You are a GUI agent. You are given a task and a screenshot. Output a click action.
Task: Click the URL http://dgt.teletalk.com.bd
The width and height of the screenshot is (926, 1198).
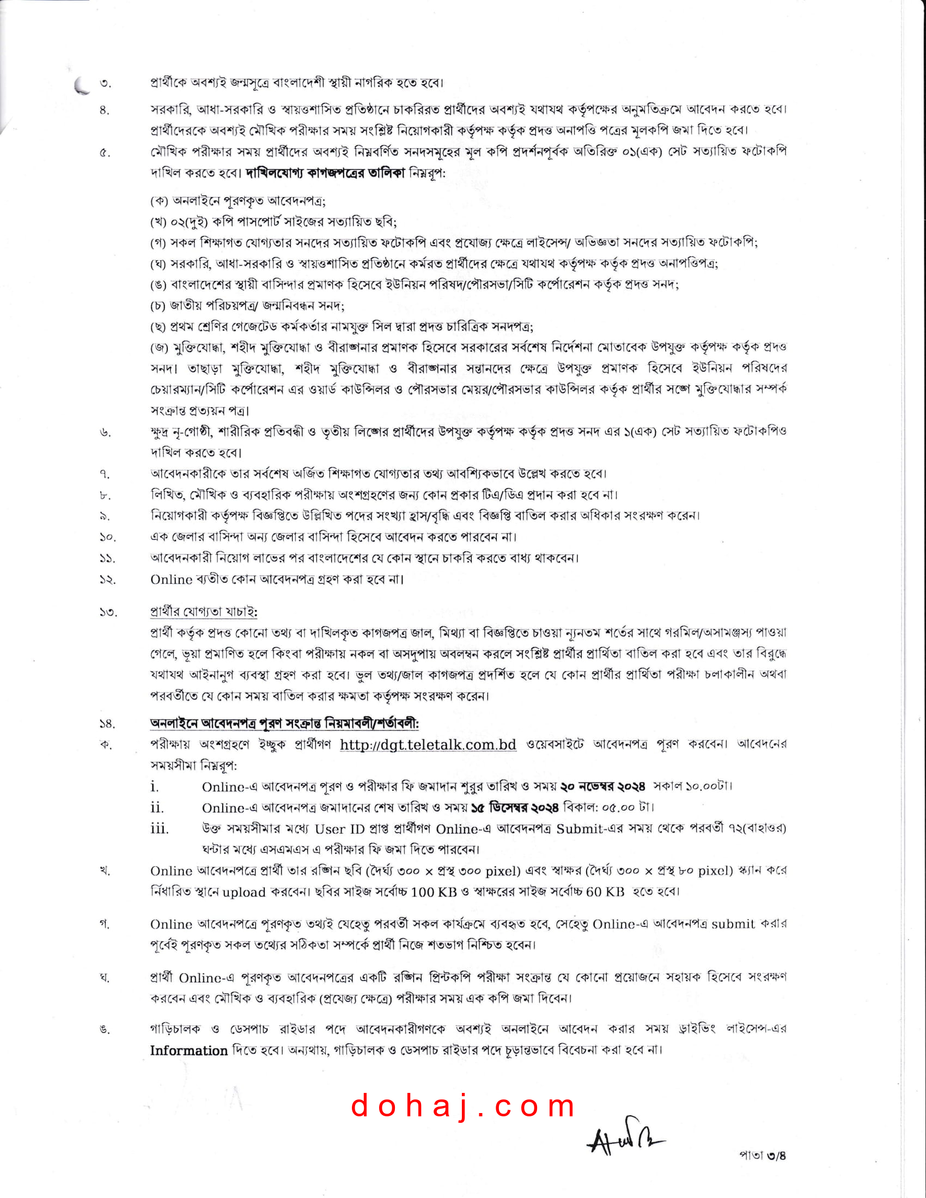[428, 744]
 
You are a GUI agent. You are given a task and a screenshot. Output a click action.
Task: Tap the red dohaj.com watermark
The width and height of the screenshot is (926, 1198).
[463, 1106]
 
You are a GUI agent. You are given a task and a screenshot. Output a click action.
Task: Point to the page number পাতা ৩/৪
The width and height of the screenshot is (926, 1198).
[763, 1156]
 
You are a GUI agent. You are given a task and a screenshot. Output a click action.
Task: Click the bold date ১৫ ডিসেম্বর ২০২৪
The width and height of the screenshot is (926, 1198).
[515, 808]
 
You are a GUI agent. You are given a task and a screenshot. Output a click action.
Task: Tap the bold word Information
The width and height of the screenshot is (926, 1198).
[188, 1050]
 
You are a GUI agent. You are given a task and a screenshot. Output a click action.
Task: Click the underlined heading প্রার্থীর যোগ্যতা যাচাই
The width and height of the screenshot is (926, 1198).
[204, 611]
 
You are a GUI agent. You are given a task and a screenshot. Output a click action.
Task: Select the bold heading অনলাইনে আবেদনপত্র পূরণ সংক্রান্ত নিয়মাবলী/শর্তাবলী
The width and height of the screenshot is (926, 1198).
[285, 724]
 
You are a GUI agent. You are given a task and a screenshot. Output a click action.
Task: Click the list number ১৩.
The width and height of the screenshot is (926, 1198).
[107, 612]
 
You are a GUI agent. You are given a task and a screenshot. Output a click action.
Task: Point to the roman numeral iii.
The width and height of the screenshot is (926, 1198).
[160, 828]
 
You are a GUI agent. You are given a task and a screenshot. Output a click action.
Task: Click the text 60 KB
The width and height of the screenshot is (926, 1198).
[606, 892]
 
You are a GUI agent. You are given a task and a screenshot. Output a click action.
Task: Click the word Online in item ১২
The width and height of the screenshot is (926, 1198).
[171, 580]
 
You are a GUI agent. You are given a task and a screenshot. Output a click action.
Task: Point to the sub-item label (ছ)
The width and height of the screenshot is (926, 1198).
[159, 327]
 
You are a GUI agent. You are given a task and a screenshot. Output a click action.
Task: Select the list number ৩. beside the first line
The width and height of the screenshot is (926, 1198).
[105, 84]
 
